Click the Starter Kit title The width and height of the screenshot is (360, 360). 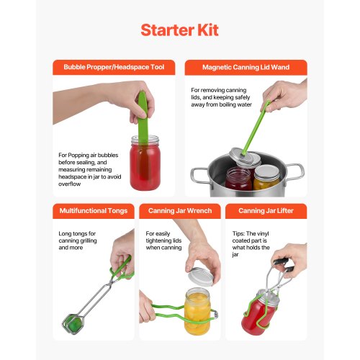179,30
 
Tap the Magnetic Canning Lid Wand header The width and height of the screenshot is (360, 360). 246,67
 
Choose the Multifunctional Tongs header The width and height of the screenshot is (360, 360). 93,211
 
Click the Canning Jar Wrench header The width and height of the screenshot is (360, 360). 179,211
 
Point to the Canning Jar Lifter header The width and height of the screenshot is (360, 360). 266,211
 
